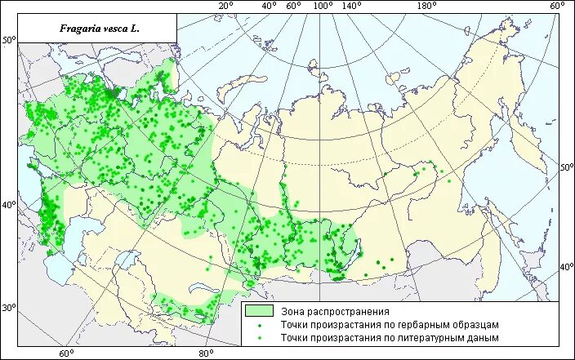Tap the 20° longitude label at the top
[x=226, y=7]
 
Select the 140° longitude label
[x=353, y=7]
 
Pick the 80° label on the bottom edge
[x=206, y=353]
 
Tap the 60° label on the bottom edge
[x=65, y=353]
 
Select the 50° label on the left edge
[x=9, y=40]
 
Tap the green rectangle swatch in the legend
[x=259, y=311]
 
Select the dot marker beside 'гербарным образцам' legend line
[x=259, y=324]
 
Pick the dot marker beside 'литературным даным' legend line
[x=259, y=336]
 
